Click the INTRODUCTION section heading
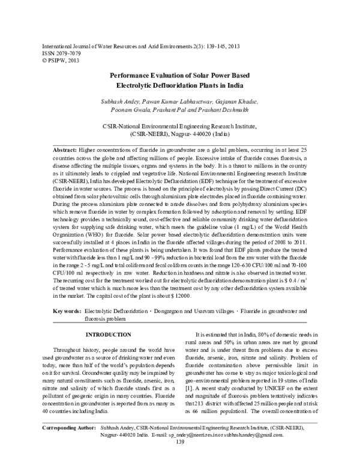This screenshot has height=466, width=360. coord(108,334)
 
